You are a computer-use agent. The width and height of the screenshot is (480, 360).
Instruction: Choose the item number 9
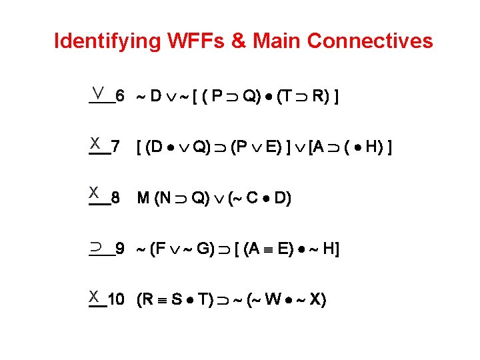point(119,249)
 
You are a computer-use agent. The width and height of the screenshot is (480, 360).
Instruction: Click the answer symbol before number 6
point(98,91)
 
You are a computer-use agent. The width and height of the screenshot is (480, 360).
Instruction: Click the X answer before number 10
point(96,295)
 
